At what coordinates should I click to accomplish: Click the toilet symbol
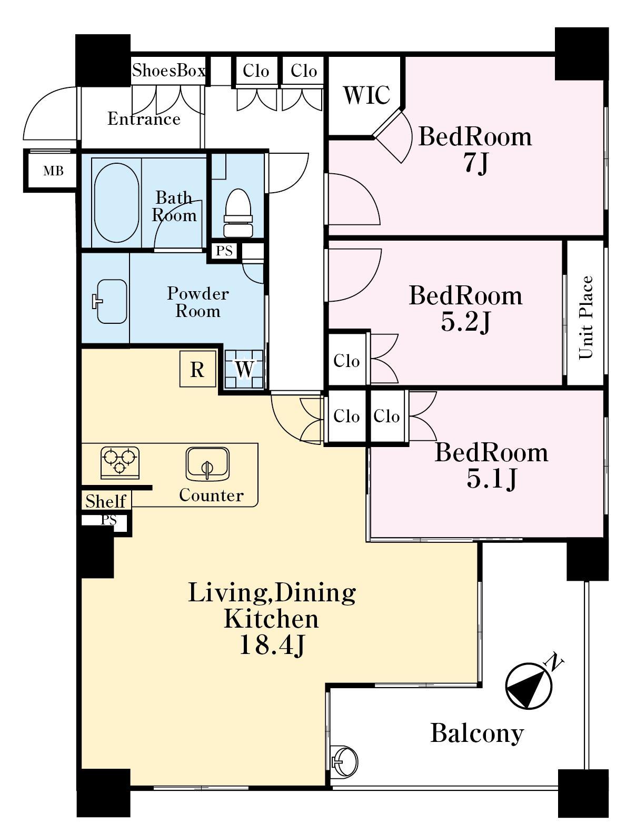pyautogui.click(x=238, y=213)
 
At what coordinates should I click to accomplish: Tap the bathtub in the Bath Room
pyautogui.click(x=116, y=203)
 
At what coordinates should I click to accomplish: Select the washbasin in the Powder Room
pyautogui.click(x=110, y=301)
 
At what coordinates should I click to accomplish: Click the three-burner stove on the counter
pyautogui.click(x=120, y=463)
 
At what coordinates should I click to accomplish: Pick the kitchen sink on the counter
pyautogui.click(x=207, y=464)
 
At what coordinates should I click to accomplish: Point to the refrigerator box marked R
pyautogui.click(x=197, y=369)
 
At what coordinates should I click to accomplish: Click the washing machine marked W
pyautogui.click(x=244, y=369)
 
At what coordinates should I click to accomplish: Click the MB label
pyautogui.click(x=53, y=171)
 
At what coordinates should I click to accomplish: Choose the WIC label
pyautogui.click(x=366, y=95)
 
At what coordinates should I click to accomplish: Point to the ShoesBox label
pyautogui.click(x=168, y=71)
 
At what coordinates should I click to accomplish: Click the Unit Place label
pyautogui.click(x=585, y=318)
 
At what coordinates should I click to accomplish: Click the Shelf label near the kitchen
pyautogui.click(x=105, y=501)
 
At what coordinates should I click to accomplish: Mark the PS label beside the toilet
pyautogui.click(x=224, y=251)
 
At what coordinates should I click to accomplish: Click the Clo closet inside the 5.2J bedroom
pyautogui.click(x=346, y=361)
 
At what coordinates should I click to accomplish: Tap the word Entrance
pyautogui.click(x=144, y=119)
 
